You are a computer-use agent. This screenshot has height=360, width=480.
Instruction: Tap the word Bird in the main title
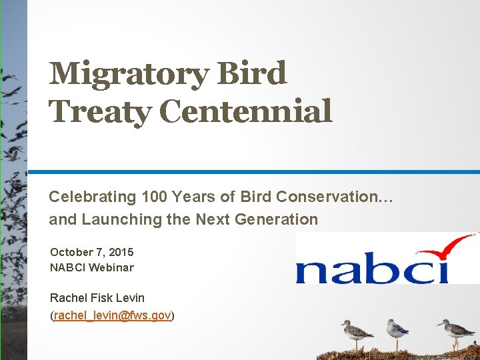(x=251, y=73)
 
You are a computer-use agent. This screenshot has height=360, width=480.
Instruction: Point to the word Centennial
(x=245, y=110)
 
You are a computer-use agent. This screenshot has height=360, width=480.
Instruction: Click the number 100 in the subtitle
(x=154, y=197)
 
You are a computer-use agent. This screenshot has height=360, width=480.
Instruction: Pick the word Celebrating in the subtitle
(x=93, y=197)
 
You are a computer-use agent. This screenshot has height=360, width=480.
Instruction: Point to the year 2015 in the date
(x=121, y=252)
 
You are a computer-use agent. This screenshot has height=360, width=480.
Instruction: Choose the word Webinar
(x=111, y=267)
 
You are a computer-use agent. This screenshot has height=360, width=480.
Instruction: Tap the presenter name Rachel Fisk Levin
(x=97, y=298)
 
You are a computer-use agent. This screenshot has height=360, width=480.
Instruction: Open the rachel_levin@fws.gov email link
(x=112, y=315)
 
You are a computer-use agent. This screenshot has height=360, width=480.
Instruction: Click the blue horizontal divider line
(x=254, y=172)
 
